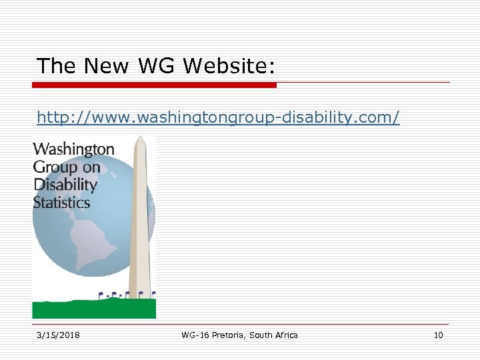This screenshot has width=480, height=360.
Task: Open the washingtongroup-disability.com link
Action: pos(218,118)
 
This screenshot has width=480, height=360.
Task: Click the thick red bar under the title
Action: pos(154,85)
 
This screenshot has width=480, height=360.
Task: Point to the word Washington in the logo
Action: pos(73,149)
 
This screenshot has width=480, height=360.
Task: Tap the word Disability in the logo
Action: pos(65,185)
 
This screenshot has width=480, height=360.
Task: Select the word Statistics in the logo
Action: pos(61,202)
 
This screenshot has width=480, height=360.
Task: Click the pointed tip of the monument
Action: pos(140,138)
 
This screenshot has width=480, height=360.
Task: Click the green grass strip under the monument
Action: pos(94,309)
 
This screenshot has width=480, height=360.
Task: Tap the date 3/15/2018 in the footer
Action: pos(58,335)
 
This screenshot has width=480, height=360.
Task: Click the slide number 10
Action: pos(438,335)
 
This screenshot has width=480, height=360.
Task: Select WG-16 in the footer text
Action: pos(195,335)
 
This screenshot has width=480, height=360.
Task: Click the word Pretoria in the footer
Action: pos(228,335)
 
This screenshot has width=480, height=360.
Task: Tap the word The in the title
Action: pos(57,65)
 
